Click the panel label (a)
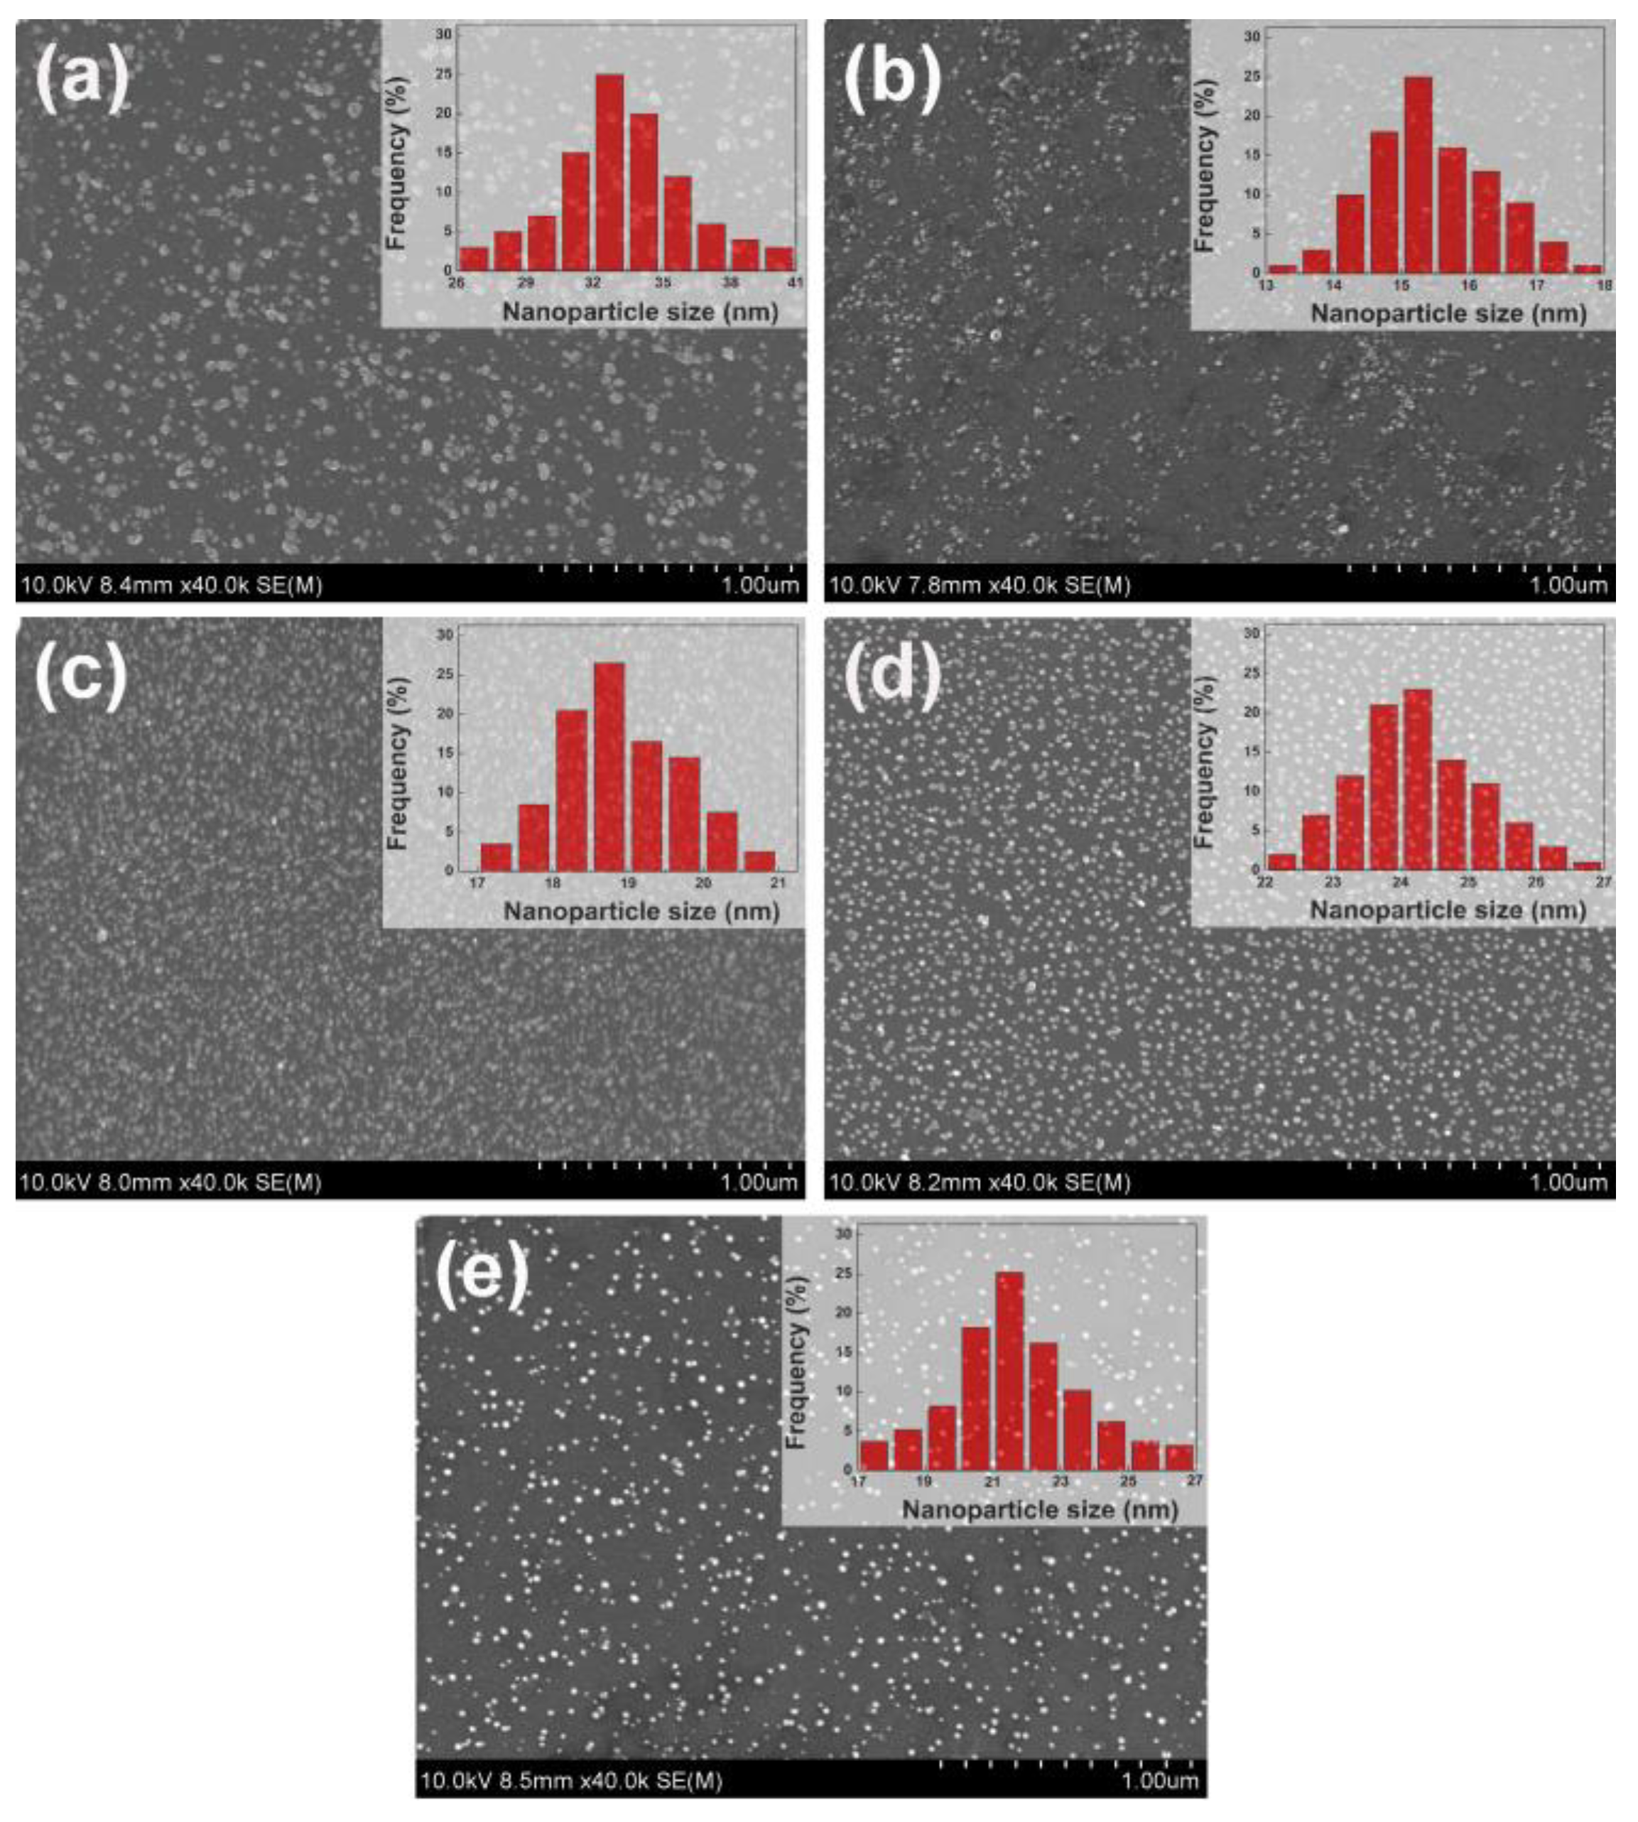tap(82, 78)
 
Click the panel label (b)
tap(891, 78)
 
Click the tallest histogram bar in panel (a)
tap(609, 171)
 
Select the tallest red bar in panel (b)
tap(1419, 173)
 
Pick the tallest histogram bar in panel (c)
tap(609, 766)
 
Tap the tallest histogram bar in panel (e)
tap(1010, 1370)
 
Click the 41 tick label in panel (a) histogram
tap(795, 283)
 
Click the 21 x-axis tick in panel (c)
tap(778, 883)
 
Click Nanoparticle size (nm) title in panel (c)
tap(641, 911)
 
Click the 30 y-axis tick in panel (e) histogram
tap(843, 1234)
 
